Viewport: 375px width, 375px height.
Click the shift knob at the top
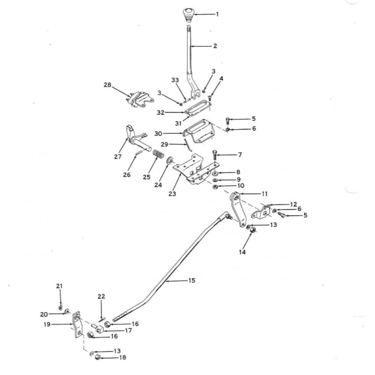pos(188,15)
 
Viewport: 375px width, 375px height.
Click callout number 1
pos(217,14)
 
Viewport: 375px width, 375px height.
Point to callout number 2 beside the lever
pos(215,46)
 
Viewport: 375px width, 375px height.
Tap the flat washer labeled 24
pos(170,160)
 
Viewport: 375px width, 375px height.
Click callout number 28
pos(107,85)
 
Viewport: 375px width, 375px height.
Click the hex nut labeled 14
pos(253,230)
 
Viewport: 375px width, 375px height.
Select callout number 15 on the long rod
pos(192,280)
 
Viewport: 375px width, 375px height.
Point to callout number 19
pos(47,324)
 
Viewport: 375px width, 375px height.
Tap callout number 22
pos(101,296)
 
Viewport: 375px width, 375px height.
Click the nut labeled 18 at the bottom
pos(97,357)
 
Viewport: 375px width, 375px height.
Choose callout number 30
pos(158,133)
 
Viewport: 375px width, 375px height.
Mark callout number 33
pos(175,80)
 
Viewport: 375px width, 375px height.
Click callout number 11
pos(264,194)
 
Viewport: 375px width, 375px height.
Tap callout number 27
pos(118,157)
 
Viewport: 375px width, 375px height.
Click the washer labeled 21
pos(61,307)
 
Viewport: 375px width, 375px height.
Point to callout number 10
pos(241,186)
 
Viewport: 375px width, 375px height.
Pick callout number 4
pos(222,78)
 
